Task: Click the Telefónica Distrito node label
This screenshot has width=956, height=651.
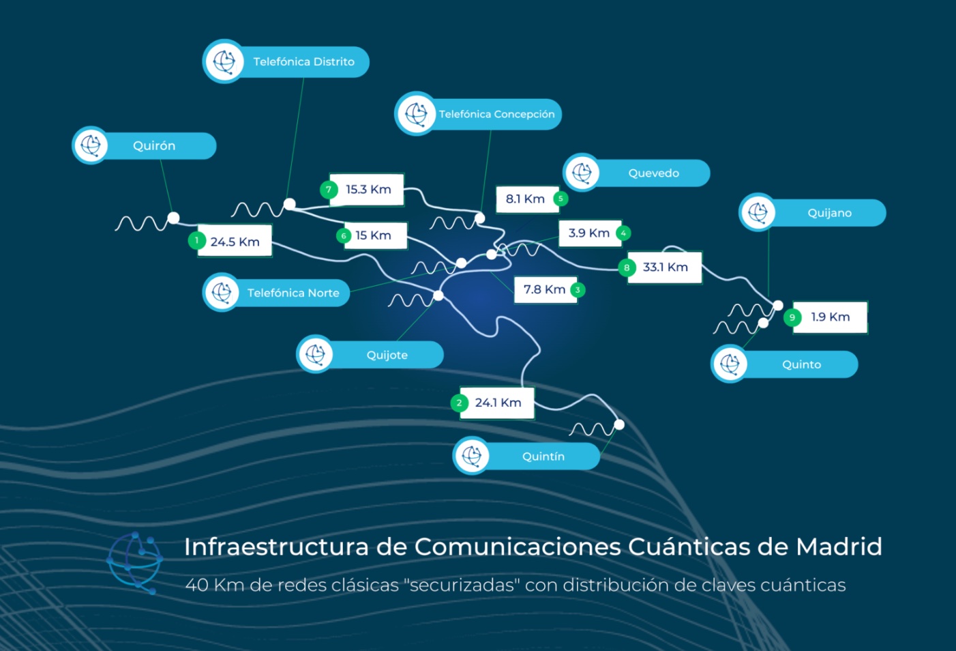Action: (303, 62)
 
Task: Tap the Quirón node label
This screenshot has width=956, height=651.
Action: (154, 146)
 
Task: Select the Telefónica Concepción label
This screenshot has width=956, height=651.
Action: (496, 114)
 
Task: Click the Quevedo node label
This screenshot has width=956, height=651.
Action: (653, 173)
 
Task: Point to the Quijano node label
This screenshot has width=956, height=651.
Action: (829, 213)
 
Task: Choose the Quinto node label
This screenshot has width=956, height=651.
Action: (801, 364)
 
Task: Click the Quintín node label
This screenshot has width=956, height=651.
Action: (543, 457)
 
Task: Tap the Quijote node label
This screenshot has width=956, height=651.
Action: (387, 355)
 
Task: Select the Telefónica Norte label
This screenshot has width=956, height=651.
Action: (293, 293)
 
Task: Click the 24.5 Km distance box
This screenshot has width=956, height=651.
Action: (235, 242)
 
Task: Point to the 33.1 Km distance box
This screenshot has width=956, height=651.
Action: (665, 267)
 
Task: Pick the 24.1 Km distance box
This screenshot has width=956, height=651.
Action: (498, 403)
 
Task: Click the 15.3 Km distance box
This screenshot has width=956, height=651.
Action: (368, 189)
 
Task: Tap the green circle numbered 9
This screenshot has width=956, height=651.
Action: (792, 317)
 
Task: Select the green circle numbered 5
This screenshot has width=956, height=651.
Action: (561, 199)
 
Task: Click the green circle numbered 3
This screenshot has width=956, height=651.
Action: (578, 289)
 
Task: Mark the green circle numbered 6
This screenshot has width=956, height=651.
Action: (344, 235)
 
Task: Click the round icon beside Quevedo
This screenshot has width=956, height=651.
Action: (582, 173)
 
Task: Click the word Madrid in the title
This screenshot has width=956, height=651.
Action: (839, 547)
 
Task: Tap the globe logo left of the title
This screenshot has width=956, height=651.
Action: (135, 562)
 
